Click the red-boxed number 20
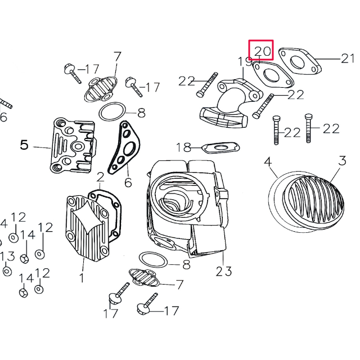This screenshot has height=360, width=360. click(262, 51)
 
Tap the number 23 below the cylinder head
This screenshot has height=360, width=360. click(223, 272)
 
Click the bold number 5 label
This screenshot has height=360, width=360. click(24, 145)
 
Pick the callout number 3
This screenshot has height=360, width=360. click(342, 162)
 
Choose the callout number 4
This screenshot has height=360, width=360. click(268, 162)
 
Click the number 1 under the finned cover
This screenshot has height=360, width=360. click(82, 277)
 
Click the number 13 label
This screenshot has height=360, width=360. click(7, 256)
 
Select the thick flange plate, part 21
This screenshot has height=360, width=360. click(300, 60)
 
